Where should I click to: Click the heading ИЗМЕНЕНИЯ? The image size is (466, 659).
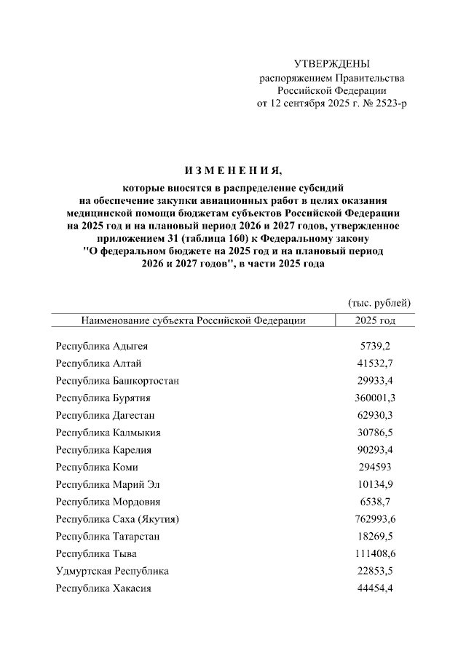tap(232, 171)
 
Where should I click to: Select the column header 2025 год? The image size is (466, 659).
tap(376, 320)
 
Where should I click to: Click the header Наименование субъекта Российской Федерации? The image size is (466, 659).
tap(193, 320)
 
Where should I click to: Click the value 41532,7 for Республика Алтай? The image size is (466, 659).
tap(376, 363)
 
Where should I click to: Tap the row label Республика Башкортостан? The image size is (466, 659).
tap(117, 381)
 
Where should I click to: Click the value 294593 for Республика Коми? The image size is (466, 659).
tap(376, 467)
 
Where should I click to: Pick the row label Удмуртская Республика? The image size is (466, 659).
tap(112, 571)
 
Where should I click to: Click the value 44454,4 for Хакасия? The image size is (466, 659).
tap(376, 588)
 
